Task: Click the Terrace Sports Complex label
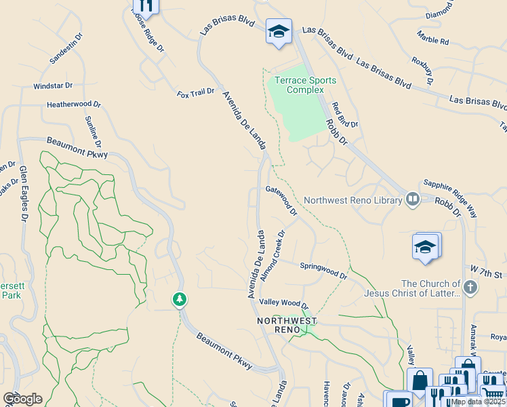304,85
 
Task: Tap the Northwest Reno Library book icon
412,199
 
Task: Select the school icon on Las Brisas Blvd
278,32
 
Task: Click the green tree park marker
179,299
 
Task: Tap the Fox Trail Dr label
195,92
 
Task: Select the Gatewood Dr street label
281,201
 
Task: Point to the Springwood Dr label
323,271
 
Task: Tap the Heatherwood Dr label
73,105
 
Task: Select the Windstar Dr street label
53,87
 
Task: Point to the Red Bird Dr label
344,115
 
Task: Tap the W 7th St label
491,274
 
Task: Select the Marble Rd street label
432,41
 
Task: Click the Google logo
22,398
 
